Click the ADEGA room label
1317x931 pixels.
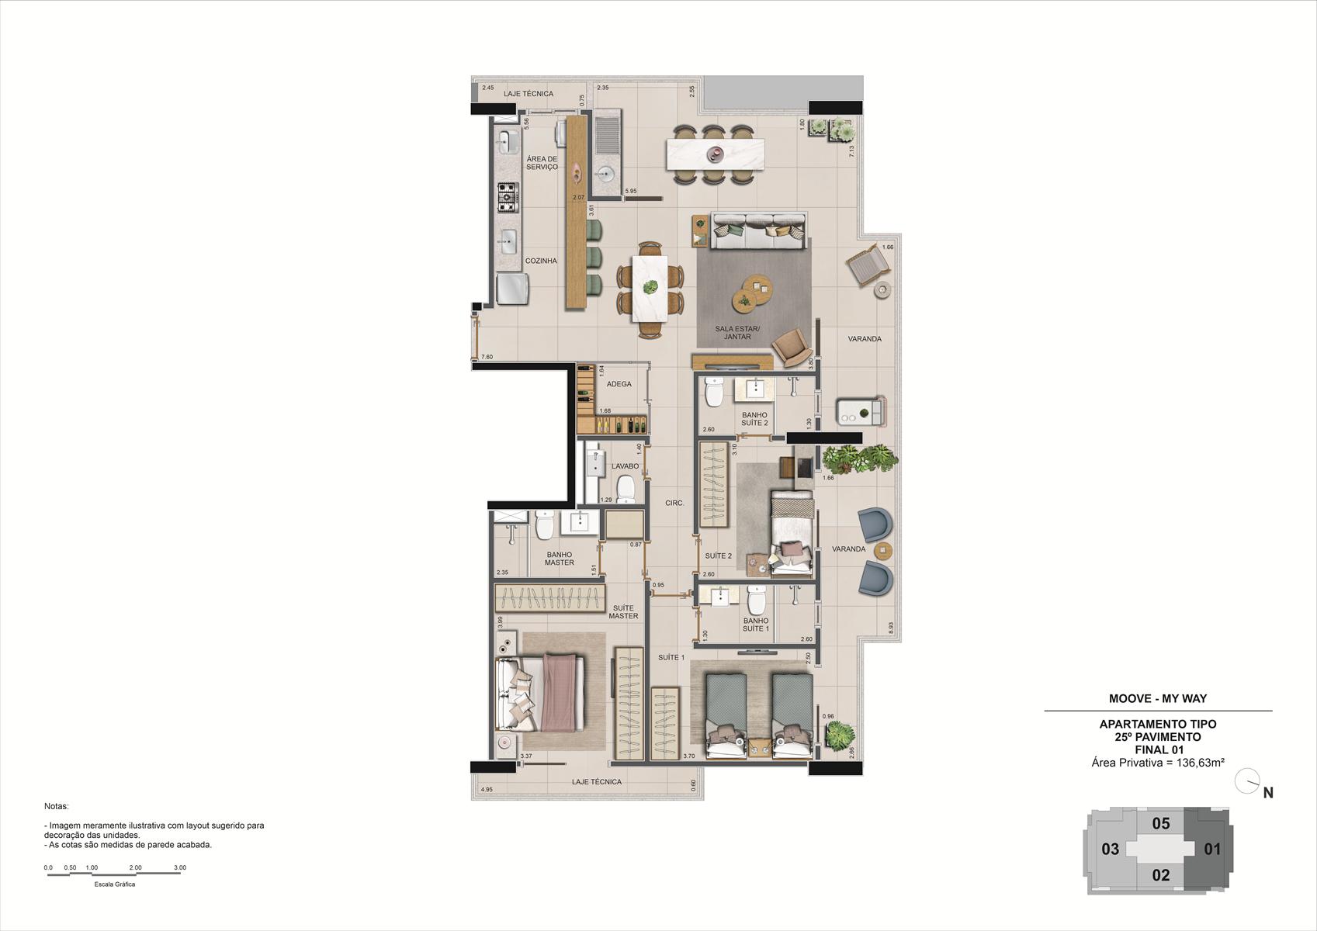[619, 384]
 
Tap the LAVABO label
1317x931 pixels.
[625, 466]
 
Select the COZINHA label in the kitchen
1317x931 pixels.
[541, 261]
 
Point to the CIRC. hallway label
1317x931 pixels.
[674, 503]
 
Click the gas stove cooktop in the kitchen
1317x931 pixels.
[509, 198]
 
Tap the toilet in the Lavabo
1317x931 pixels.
[625, 489]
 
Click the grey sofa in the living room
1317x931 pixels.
[758, 231]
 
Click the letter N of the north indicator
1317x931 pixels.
[1268, 793]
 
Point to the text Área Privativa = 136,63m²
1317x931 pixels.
[1158, 763]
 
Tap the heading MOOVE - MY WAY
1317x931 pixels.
[1158, 698]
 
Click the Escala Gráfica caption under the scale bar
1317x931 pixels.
[115, 884]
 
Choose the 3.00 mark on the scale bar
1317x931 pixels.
[180, 867]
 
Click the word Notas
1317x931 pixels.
[57, 806]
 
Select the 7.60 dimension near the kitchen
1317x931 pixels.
[487, 357]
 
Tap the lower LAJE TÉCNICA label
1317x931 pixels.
[597, 782]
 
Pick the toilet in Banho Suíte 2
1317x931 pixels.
[714, 392]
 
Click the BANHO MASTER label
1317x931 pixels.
[559, 559]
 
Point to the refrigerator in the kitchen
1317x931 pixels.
[513, 289]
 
